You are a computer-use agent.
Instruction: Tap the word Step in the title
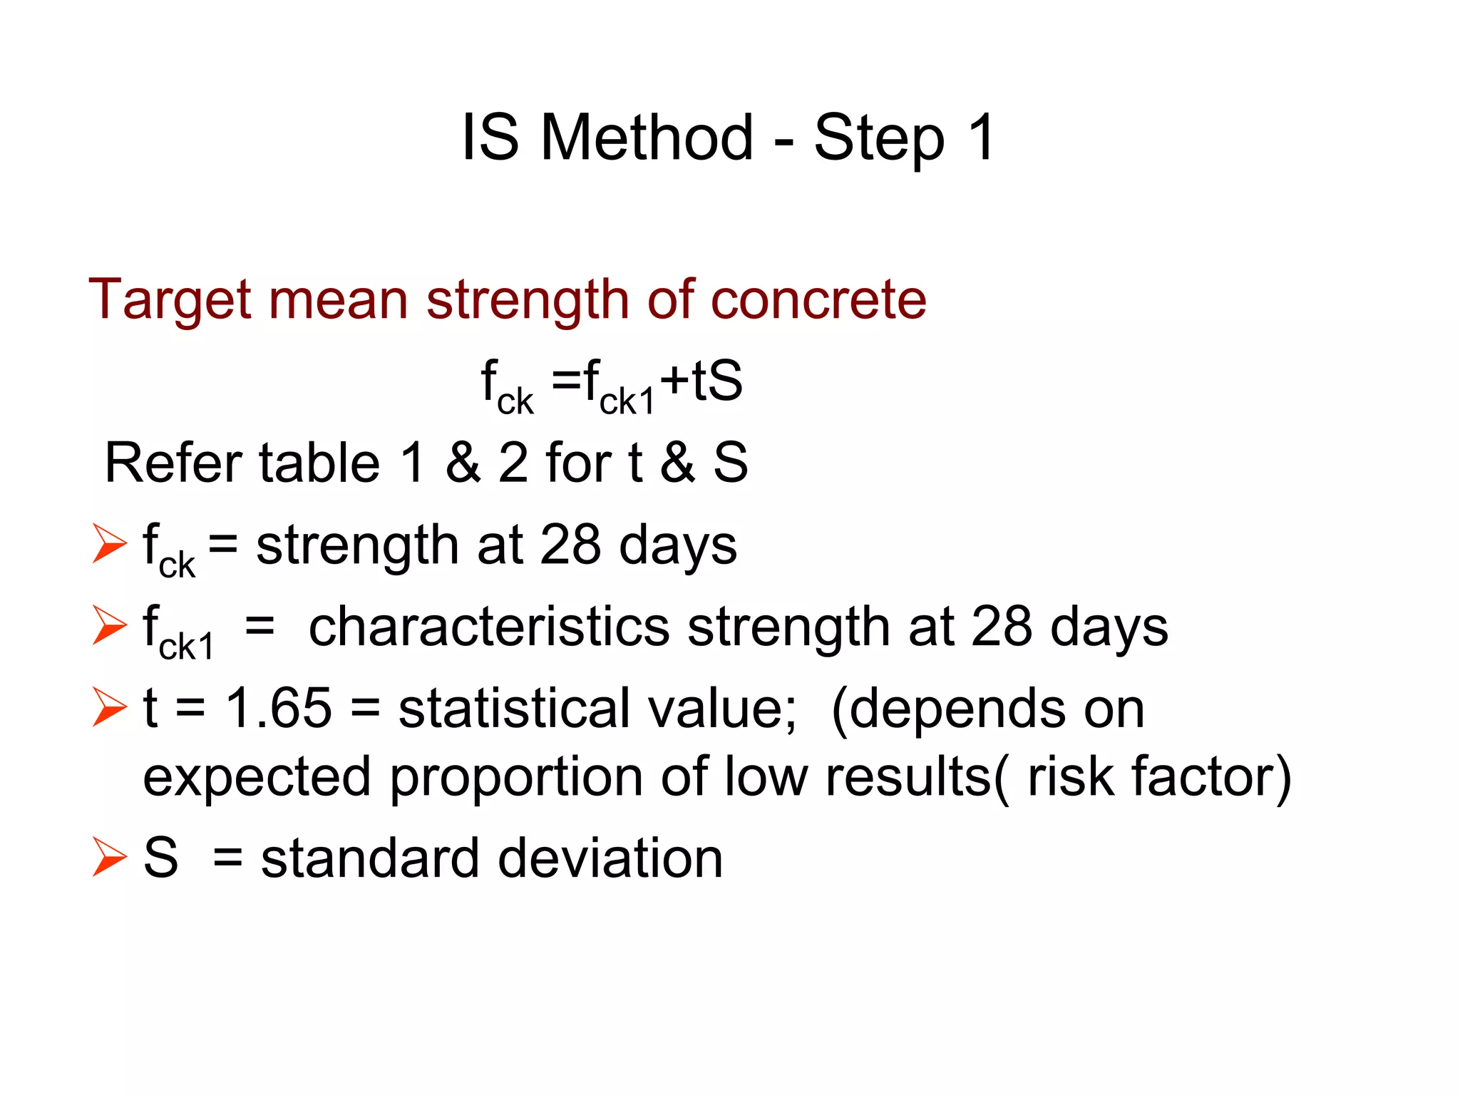879,138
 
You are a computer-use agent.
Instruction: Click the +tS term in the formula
701,381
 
